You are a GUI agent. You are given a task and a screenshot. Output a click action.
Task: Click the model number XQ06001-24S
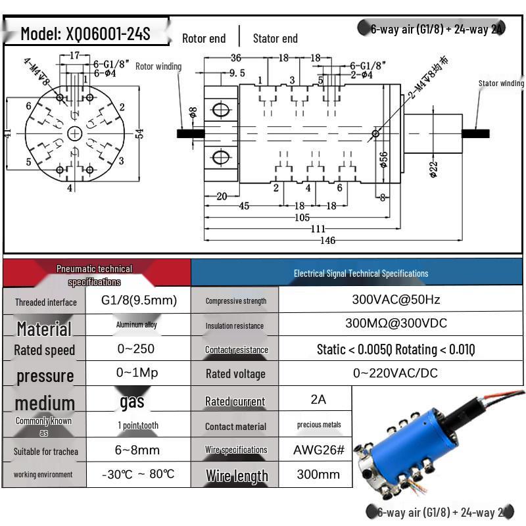pos(85,34)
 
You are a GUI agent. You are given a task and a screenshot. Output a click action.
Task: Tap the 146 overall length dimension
pos(327,241)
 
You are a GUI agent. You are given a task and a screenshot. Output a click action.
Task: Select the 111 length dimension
pos(318,229)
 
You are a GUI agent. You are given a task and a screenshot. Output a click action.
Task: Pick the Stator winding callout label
pos(501,84)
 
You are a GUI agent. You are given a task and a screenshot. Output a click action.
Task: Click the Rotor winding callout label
pos(158,66)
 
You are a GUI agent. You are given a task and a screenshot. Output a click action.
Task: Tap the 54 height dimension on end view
pos(139,133)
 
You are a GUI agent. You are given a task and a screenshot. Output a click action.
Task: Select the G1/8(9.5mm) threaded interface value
pos(139,300)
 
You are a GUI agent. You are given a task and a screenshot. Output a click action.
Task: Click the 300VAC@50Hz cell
pos(396,300)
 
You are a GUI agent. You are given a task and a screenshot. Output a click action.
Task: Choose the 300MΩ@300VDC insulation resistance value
pos(396,323)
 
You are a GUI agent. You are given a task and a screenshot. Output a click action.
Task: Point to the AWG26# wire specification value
pos(318,450)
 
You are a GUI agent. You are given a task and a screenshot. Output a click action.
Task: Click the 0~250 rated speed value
pos(139,348)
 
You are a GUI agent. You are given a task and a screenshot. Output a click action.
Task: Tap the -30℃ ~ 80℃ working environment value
pos(139,474)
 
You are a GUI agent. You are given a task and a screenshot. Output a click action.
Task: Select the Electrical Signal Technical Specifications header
pos(360,273)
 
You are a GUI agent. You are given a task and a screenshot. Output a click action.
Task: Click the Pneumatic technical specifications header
pos(95,275)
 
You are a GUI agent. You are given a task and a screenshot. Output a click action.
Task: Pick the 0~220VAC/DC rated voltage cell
pos(396,373)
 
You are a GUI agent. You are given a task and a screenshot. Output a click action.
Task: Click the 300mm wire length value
pos(318,474)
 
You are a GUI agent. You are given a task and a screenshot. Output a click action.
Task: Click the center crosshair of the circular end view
pos(75,133)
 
